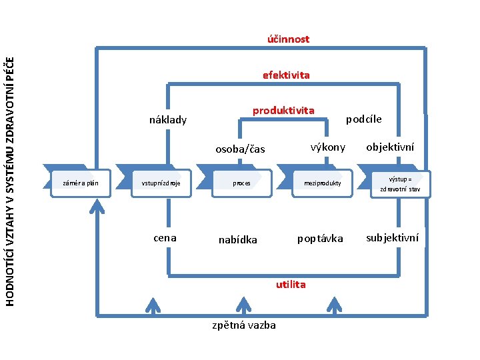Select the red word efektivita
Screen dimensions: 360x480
[286, 75]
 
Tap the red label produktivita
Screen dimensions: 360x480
[283, 109]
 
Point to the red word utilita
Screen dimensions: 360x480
[291, 285]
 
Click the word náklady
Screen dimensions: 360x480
[168, 121]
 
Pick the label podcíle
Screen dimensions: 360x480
[363, 119]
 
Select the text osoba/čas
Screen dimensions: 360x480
[240, 149]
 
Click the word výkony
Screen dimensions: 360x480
[327, 147]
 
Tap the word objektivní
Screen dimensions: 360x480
[391, 147]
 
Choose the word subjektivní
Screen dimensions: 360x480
[393, 237]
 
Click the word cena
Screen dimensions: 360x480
[165, 237]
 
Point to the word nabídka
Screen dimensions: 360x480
[238, 239]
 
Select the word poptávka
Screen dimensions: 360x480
[320, 238]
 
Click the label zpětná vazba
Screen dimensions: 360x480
[244, 325]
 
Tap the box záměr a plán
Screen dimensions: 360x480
[81, 183]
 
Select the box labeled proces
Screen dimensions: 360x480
[241, 183]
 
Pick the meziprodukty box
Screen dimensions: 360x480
[323, 183]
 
